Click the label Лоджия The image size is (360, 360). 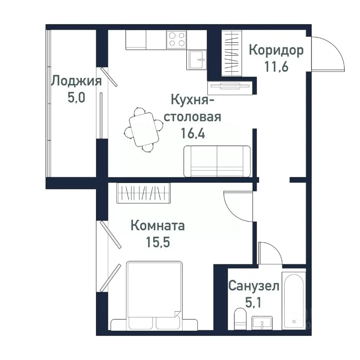click(76, 81)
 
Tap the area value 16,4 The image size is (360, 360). click(193, 134)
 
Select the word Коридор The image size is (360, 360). click(276, 50)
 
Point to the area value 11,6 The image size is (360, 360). click(276, 68)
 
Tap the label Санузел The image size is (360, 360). click(254, 287)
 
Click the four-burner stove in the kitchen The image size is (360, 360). click(177, 39)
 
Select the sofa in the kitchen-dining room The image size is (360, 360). click(217, 161)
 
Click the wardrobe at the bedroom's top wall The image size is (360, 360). click(143, 193)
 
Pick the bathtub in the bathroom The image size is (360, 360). click(294, 300)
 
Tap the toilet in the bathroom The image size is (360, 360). click(239, 318)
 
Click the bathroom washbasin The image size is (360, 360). click(262, 322)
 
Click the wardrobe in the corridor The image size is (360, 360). click(232, 52)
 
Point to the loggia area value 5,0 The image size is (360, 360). click(76, 98)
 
